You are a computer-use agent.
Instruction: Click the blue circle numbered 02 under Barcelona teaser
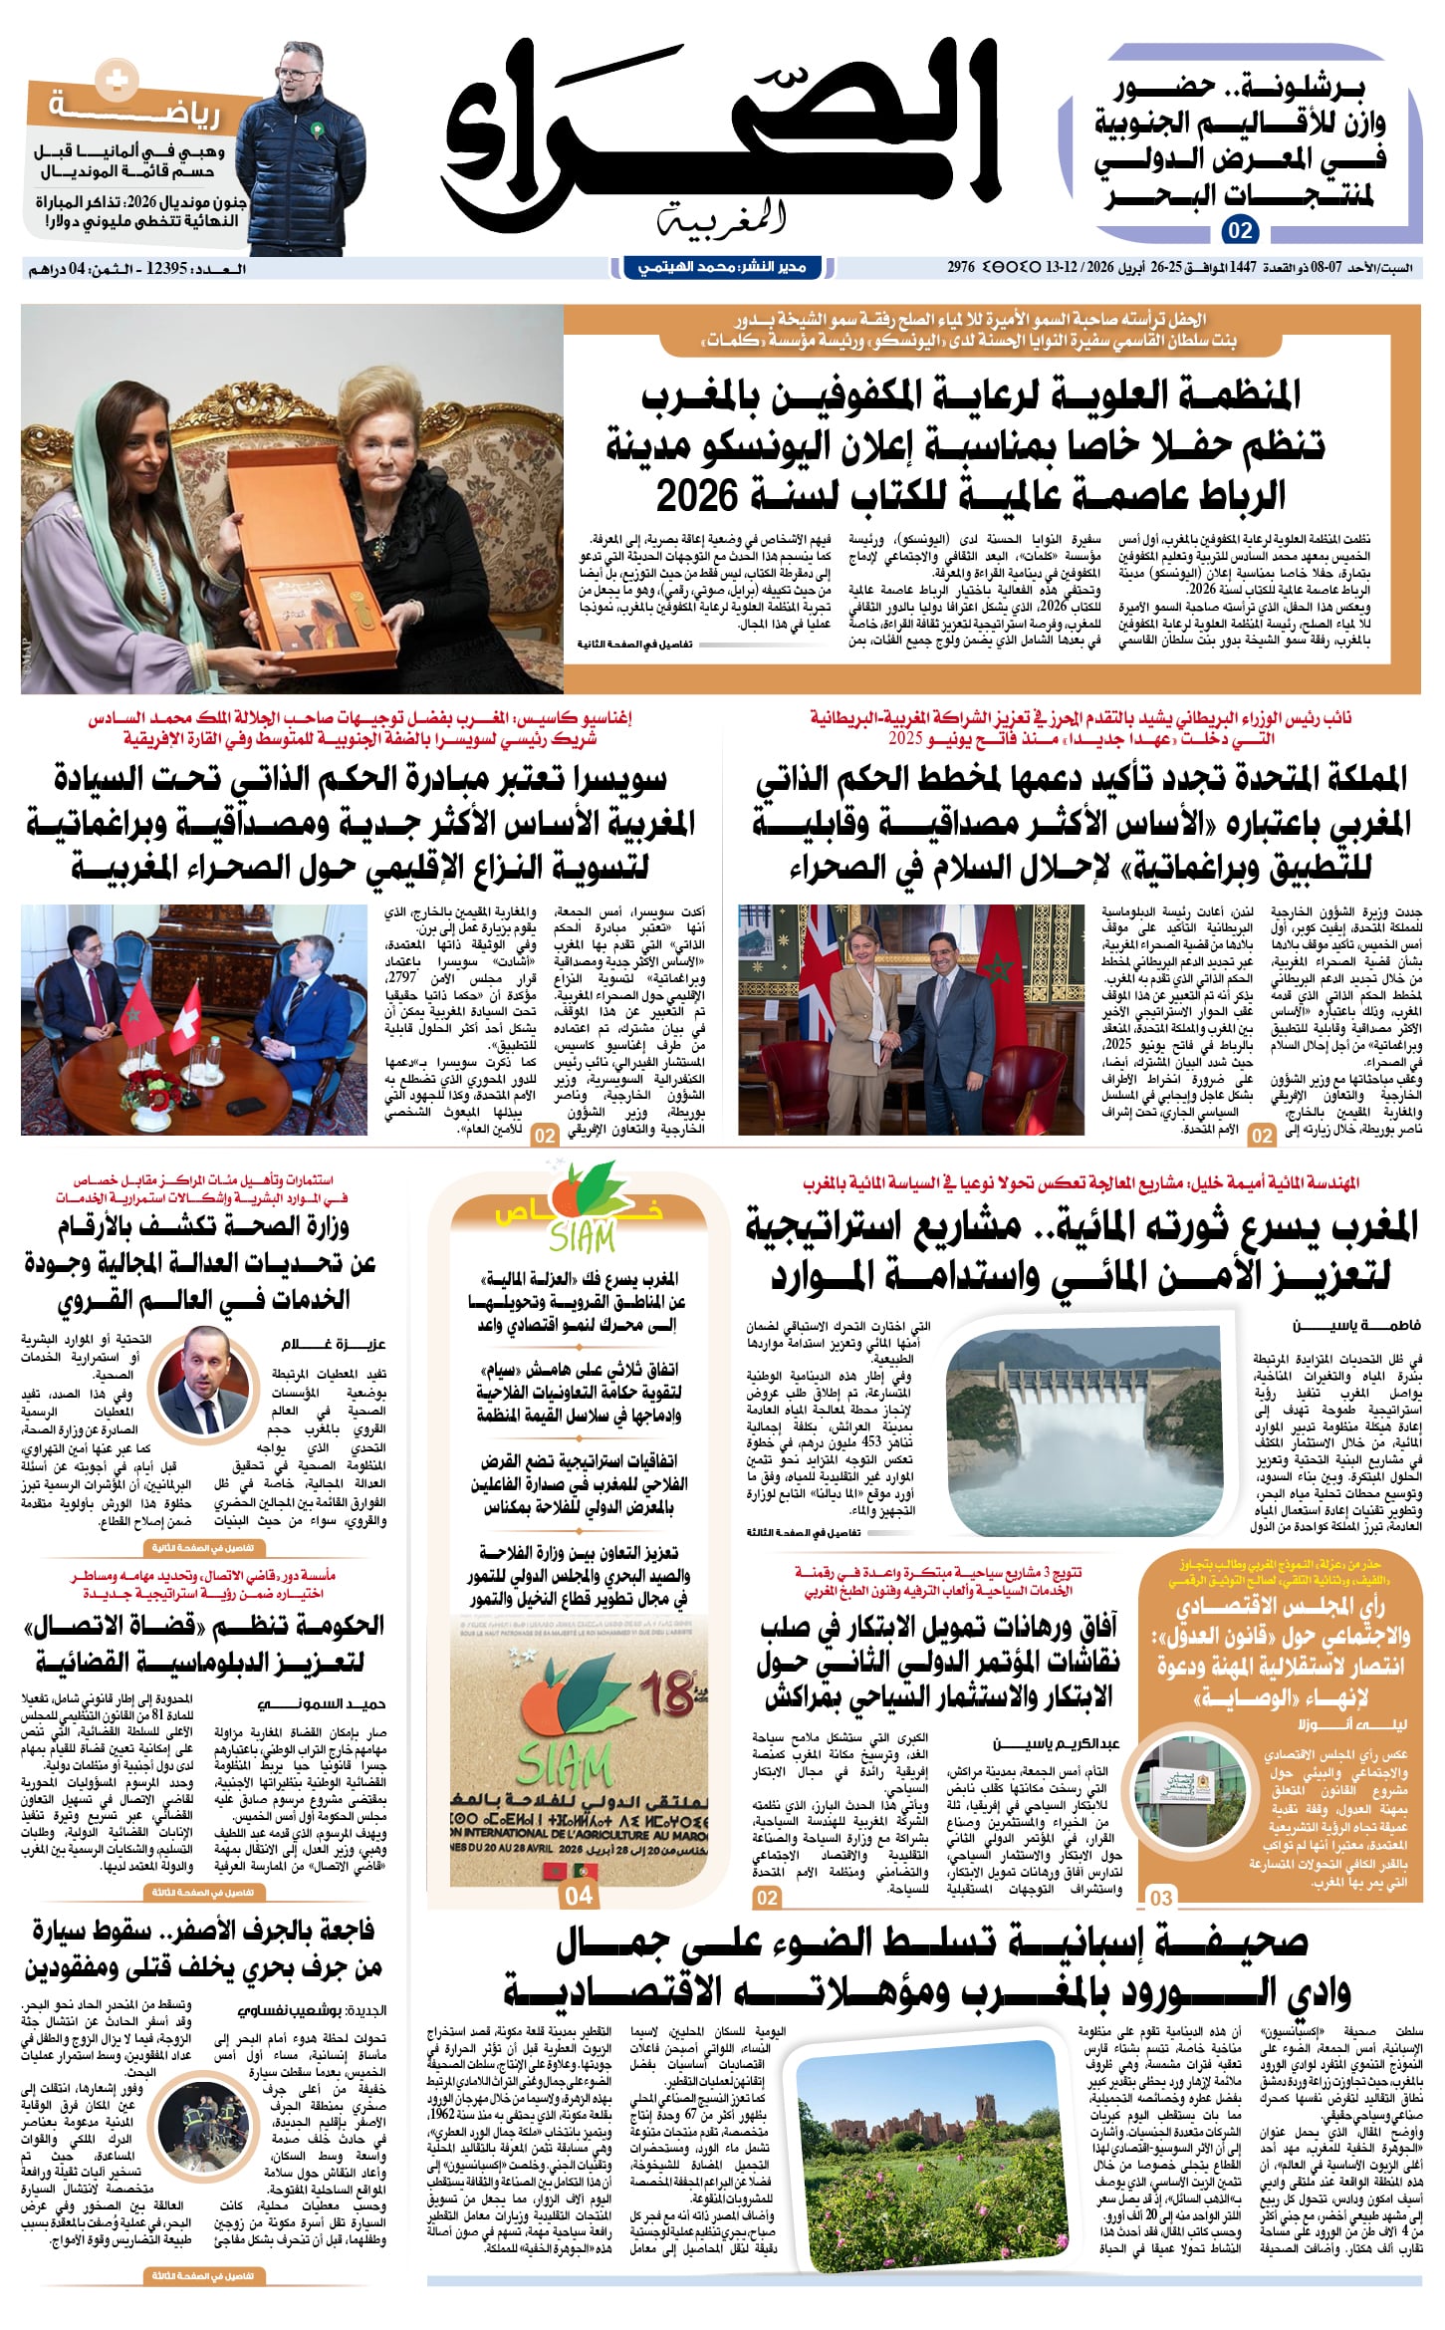click(1240, 231)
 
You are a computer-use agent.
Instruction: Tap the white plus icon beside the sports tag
click(118, 81)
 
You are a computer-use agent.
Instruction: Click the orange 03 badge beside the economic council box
click(1161, 1898)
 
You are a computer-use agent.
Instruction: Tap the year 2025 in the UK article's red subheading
click(906, 739)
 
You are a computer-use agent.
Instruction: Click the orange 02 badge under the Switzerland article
click(545, 1136)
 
